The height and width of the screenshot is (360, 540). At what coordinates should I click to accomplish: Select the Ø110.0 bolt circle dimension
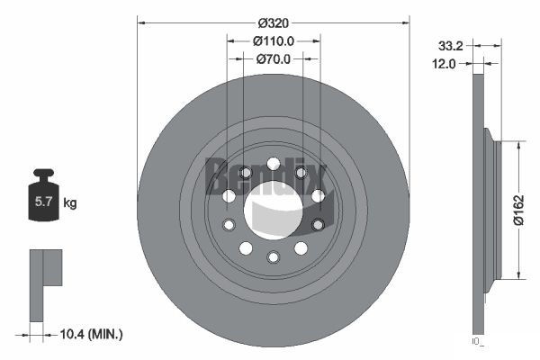[x=273, y=40]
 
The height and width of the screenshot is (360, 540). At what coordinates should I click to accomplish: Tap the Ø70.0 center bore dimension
[x=274, y=59]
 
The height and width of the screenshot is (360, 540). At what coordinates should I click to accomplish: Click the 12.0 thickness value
[x=445, y=63]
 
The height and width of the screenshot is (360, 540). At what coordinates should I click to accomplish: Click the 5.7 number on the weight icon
[x=42, y=203]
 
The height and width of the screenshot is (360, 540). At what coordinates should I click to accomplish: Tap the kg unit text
[x=70, y=203]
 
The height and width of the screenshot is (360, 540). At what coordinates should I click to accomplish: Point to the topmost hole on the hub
[x=273, y=166]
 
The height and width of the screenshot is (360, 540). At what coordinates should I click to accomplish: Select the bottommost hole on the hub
[x=273, y=258]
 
